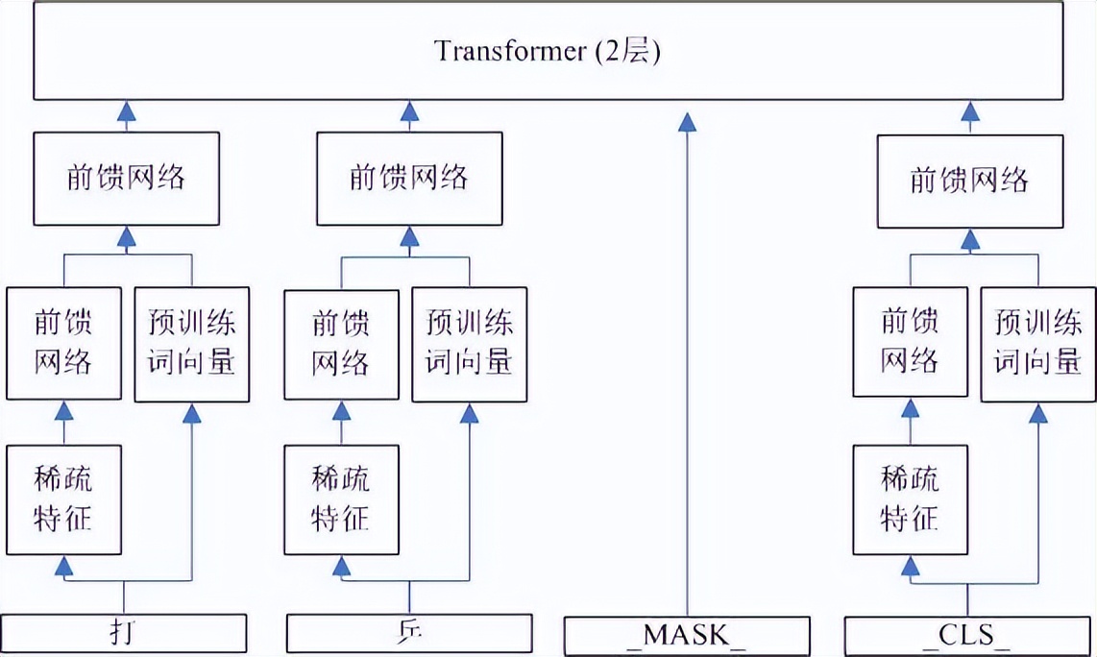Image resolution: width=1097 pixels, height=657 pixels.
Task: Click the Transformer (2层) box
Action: [548, 50]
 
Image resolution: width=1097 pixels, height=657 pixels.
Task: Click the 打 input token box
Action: [124, 634]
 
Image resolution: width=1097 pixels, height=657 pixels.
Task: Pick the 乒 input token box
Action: [409, 634]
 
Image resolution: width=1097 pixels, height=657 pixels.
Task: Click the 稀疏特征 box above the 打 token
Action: [64, 499]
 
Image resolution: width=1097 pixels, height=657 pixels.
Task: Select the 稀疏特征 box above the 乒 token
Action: [341, 499]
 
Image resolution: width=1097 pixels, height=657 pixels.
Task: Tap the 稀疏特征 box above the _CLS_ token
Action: [910, 499]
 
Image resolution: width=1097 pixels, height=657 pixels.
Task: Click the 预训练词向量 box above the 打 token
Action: [192, 344]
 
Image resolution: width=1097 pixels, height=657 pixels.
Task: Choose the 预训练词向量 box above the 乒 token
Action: [469, 344]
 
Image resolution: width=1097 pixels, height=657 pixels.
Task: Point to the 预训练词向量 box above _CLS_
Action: [1037, 344]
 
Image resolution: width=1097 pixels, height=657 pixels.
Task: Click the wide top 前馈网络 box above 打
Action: [127, 179]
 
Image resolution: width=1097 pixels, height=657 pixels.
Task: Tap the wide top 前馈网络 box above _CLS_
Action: [970, 181]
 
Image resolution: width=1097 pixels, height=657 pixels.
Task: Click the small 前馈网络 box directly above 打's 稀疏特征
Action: [64, 344]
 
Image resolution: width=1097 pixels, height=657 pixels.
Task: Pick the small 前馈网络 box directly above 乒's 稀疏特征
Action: [341, 344]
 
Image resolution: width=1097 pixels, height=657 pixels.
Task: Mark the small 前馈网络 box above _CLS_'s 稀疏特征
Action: [910, 344]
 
